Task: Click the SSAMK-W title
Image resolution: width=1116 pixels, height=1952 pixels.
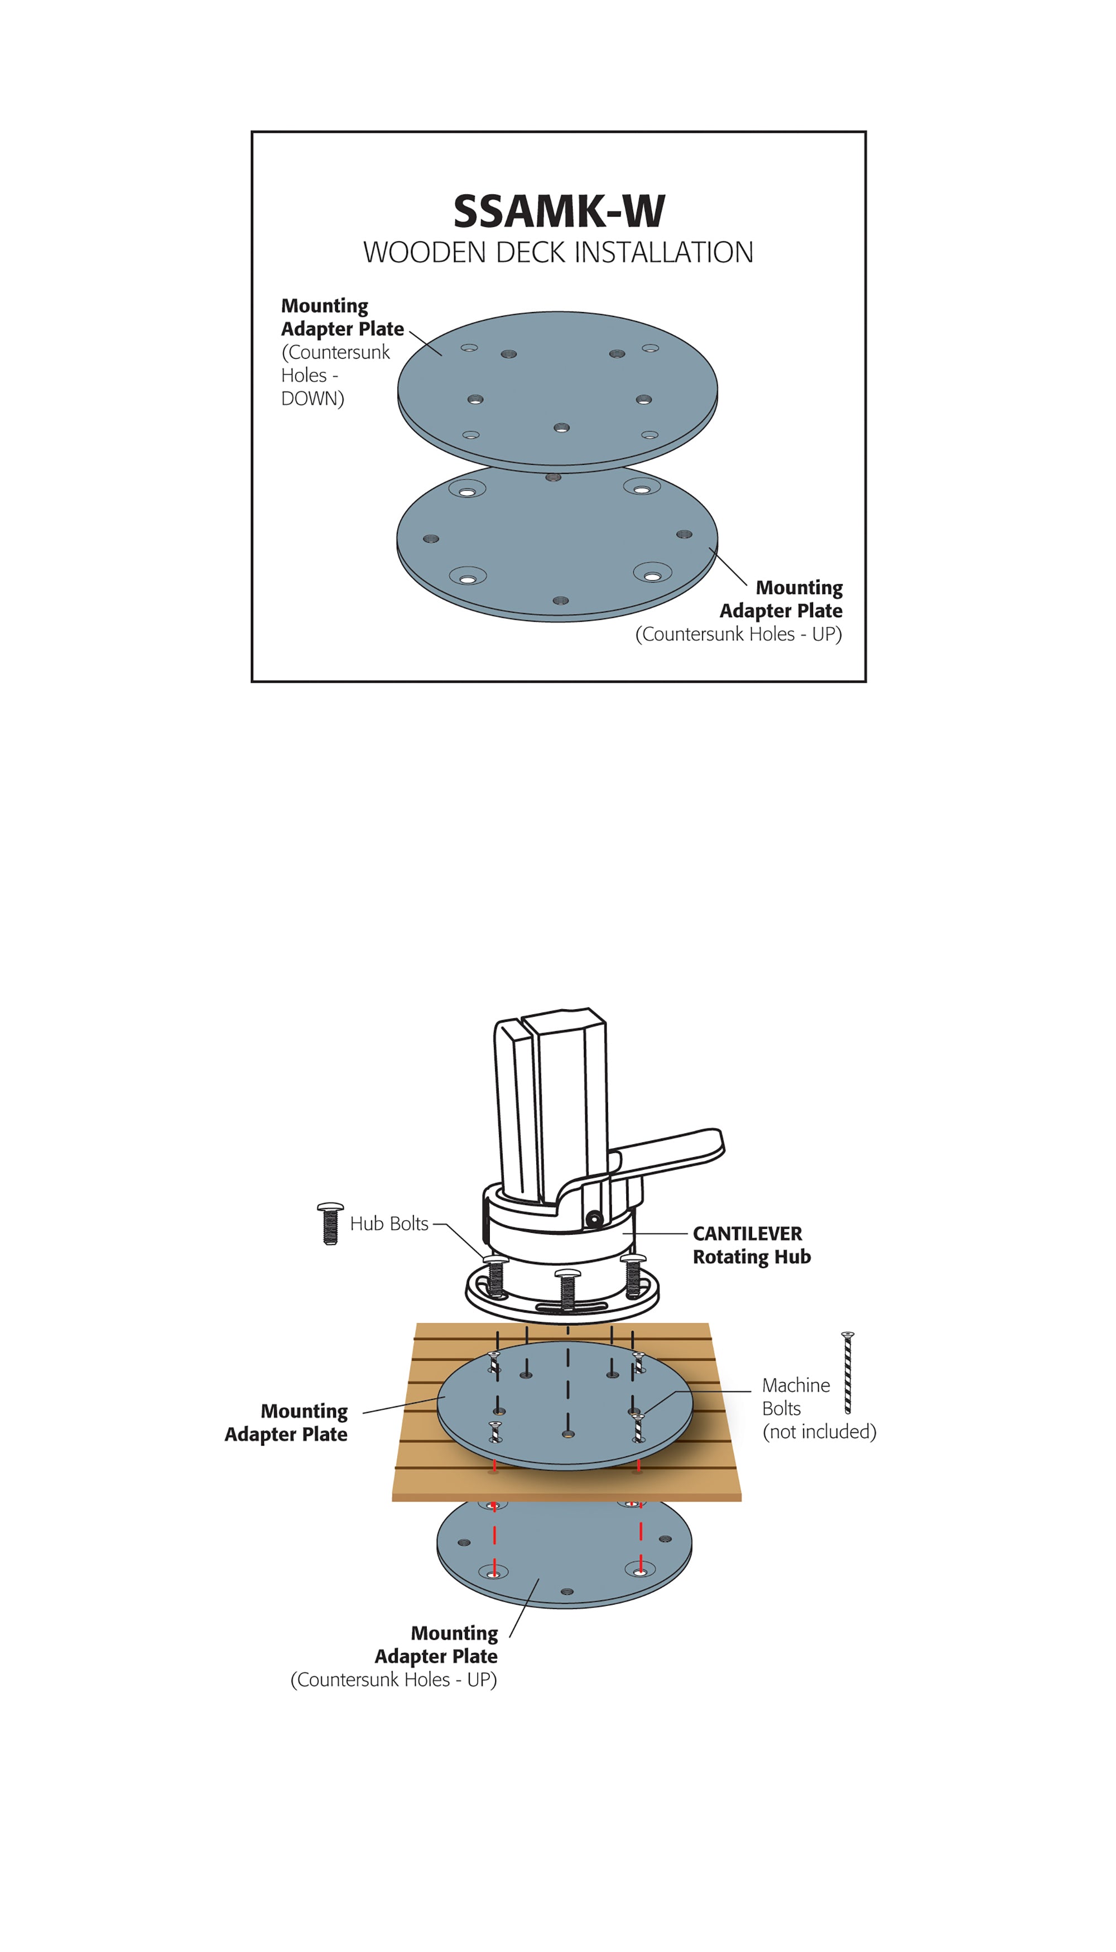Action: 559,211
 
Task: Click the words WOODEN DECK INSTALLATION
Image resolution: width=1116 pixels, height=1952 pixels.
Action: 558,252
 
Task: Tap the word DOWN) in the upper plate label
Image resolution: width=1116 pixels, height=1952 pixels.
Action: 312,399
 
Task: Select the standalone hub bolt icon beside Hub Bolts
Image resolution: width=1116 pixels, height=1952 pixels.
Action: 330,1223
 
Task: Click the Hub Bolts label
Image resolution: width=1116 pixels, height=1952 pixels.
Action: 388,1224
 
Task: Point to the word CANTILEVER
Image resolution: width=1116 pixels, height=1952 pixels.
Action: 747,1234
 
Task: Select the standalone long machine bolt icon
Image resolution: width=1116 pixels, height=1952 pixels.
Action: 848,1373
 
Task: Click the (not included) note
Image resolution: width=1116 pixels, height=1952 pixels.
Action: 819,1431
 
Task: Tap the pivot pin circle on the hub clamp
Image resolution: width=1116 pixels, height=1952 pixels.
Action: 593,1219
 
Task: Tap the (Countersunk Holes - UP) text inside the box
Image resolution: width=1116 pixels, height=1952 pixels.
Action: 738,634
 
